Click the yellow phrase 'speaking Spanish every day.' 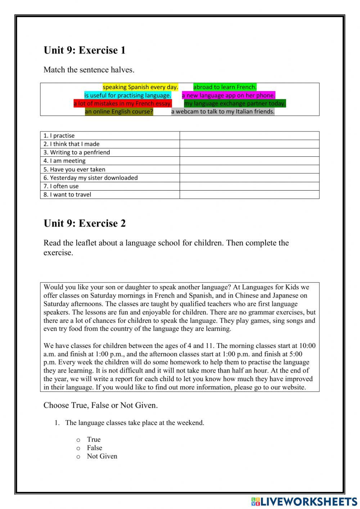[140, 87]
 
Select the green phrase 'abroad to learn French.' [225, 87]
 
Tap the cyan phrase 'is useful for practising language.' [128, 95]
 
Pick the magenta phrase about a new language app [228, 95]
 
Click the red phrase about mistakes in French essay [123, 104]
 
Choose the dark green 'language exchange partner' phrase [235, 104]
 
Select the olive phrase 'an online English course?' [119, 112]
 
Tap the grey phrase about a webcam [222, 112]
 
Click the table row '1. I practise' [110, 136]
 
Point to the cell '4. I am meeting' [110, 161]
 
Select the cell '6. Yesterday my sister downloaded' [110, 178]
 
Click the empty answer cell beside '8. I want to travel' [249, 195]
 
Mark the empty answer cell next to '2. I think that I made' [249, 144]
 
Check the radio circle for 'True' [78, 440]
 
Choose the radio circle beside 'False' [78, 448]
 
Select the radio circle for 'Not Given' [78, 457]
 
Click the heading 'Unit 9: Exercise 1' [85, 50]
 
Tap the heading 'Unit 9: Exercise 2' [85, 223]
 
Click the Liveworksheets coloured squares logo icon [255, 501]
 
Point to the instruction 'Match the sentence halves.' [89, 70]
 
